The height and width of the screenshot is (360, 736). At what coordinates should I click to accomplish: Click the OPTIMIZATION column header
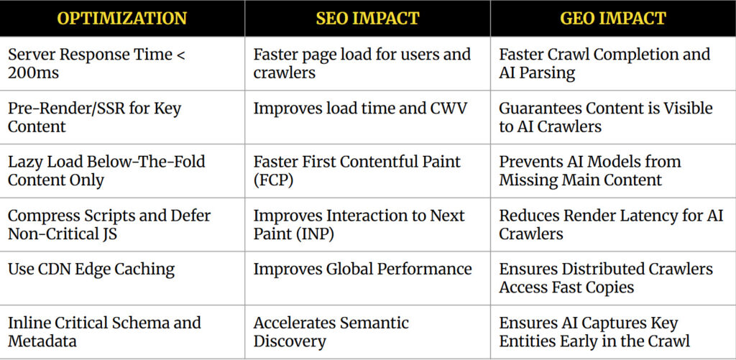(x=122, y=19)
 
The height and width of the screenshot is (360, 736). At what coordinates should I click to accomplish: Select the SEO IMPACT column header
(x=367, y=19)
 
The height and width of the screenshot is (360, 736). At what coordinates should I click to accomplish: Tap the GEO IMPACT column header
(x=612, y=19)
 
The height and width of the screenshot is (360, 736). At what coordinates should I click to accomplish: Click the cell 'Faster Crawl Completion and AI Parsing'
(x=604, y=63)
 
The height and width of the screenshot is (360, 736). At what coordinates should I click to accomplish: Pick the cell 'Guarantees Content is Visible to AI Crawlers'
(x=606, y=117)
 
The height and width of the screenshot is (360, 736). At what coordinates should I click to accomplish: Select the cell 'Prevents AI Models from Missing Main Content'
(x=590, y=170)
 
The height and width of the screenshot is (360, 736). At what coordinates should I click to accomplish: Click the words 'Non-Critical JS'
(x=63, y=234)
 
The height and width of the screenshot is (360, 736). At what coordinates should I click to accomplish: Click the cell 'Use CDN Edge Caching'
(x=91, y=269)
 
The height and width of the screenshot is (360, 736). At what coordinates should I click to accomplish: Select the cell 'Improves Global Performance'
(x=362, y=269)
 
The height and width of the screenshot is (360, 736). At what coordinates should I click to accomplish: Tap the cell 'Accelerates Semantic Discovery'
(x=331, y=332)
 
